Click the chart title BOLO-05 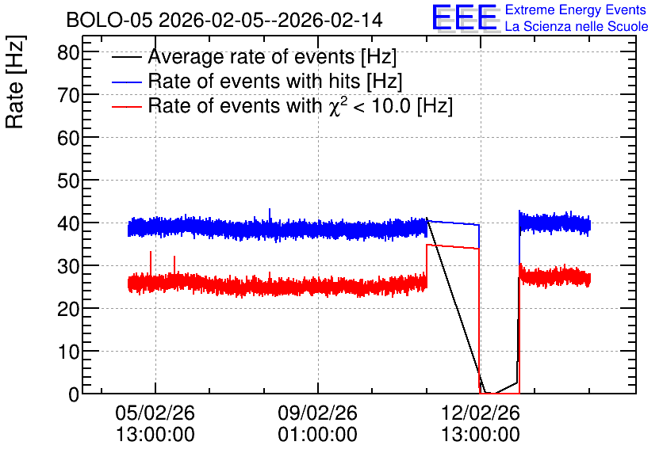click(x=109, y=20)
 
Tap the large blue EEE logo click(x=465, y=17)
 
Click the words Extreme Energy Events click(x=576, y=10)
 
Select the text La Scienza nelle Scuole click(x=577, y=26)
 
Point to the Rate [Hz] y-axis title click(x=15, y=82)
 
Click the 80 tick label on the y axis click(x=68, y=53)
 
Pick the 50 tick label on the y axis click(x=68, y=181)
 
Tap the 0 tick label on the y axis click(x=74, y=394)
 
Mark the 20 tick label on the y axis click(x=68, y=309)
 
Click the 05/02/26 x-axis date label click(x=155, y=413)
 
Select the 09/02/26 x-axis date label click(x=317, y=413)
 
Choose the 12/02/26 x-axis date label click(x=481, y=413)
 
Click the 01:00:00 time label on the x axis click(x=317, y=435)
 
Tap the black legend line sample click(x=126, y=57)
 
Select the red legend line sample click(x=126, y=106)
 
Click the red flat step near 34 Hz click(x=453, y=246)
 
